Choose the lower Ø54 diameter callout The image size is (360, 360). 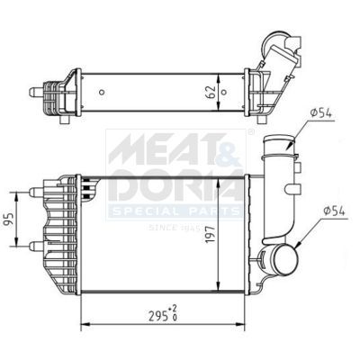coord(326,211)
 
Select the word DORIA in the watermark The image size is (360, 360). coord(171,184)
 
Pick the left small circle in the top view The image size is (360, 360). coord(101,91)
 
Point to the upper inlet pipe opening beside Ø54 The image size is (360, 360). coord(275,144)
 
